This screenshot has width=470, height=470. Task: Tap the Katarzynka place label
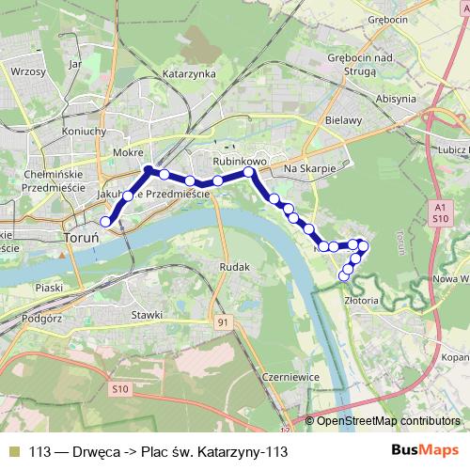(189, 72)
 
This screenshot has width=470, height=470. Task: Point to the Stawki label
(148, 315)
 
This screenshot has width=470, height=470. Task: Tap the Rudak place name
(233, 267)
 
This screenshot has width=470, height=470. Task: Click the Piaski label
(48, 287)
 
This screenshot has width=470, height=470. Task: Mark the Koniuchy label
(83, 132)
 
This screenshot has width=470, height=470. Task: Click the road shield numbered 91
(222, 322)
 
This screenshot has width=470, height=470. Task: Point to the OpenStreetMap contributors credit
(388, 421)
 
